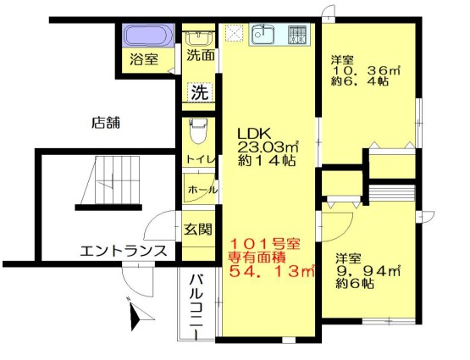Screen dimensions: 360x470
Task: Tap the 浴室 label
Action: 144,59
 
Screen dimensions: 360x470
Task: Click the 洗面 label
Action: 201,58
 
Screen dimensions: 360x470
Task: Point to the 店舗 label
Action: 106,122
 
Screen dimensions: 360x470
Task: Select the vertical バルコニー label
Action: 195,305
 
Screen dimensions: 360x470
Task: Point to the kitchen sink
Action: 263,35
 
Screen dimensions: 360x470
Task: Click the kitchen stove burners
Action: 297,35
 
